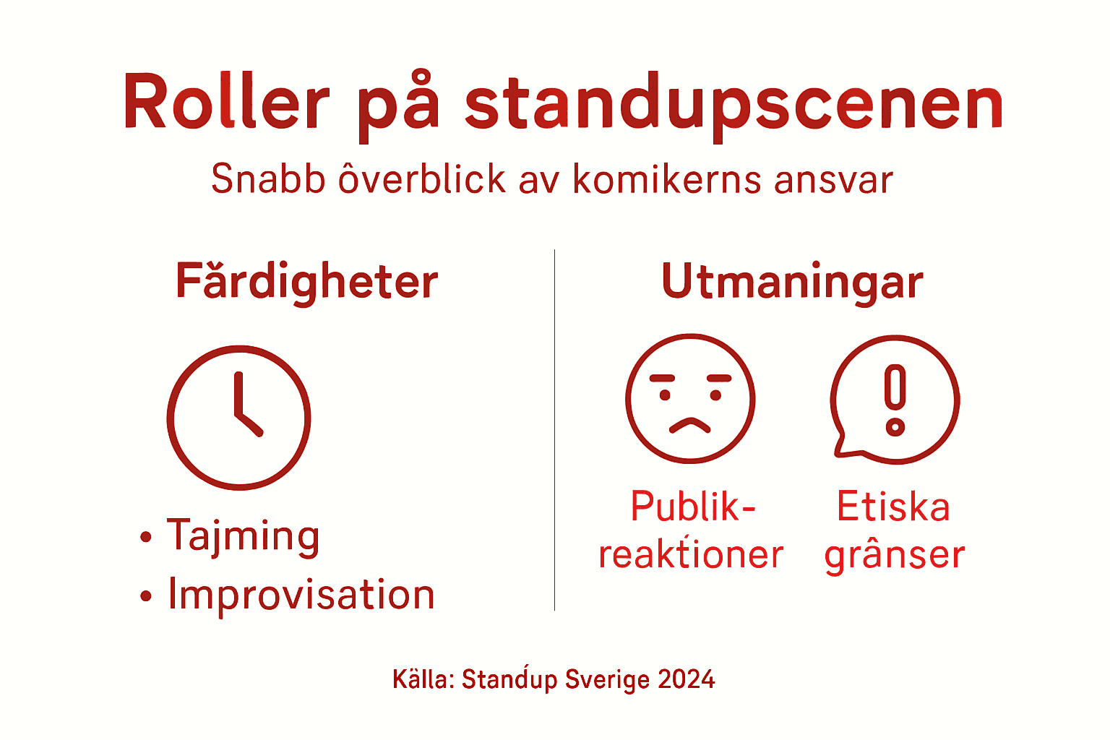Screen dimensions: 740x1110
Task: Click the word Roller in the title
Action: tap(226, 103)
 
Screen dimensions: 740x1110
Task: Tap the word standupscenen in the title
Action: tap(734, 106)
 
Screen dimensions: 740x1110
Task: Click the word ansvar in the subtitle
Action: tap(833, 180)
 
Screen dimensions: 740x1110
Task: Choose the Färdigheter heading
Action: tap(307, 281)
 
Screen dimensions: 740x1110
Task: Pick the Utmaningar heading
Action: tap(792, 282)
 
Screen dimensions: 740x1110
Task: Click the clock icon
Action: tap(239, 418)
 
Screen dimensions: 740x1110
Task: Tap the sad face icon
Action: tap(690, 398)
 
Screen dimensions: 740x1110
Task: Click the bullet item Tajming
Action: tap(243, 536)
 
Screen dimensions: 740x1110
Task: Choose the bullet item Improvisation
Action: tap(301, 595)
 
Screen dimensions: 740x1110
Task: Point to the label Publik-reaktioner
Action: tap(692, 530)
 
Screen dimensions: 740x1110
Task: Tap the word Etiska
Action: tap(893, 507)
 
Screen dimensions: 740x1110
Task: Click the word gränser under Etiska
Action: tap(895, 556)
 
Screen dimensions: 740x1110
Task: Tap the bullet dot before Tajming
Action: tap(146, 537)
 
